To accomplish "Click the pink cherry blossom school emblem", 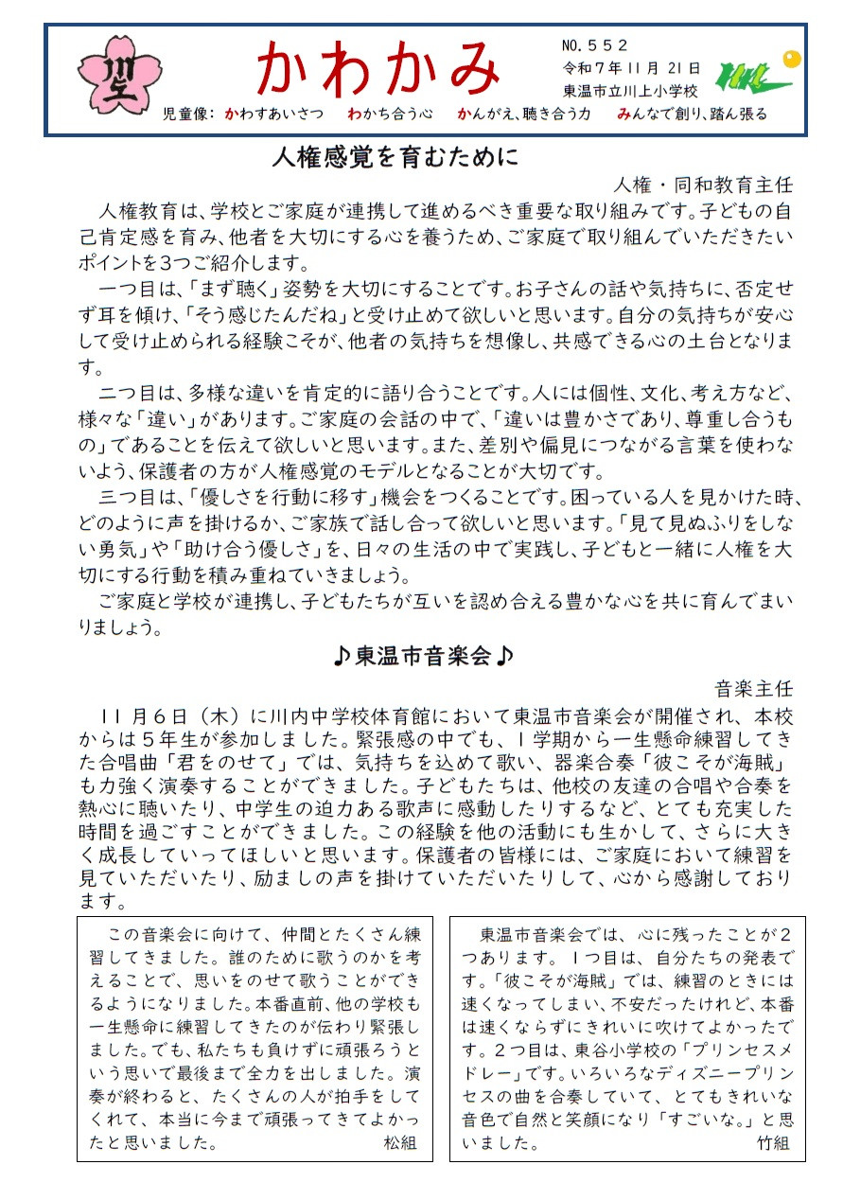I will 118,74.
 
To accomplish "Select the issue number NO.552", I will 596,44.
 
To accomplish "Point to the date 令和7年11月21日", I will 631,68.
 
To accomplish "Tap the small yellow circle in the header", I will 791,60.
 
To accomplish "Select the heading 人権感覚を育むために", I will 395,158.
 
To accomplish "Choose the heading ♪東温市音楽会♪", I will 423,655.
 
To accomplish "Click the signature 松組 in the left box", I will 399,1142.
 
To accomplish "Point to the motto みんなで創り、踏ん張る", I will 692,115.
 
